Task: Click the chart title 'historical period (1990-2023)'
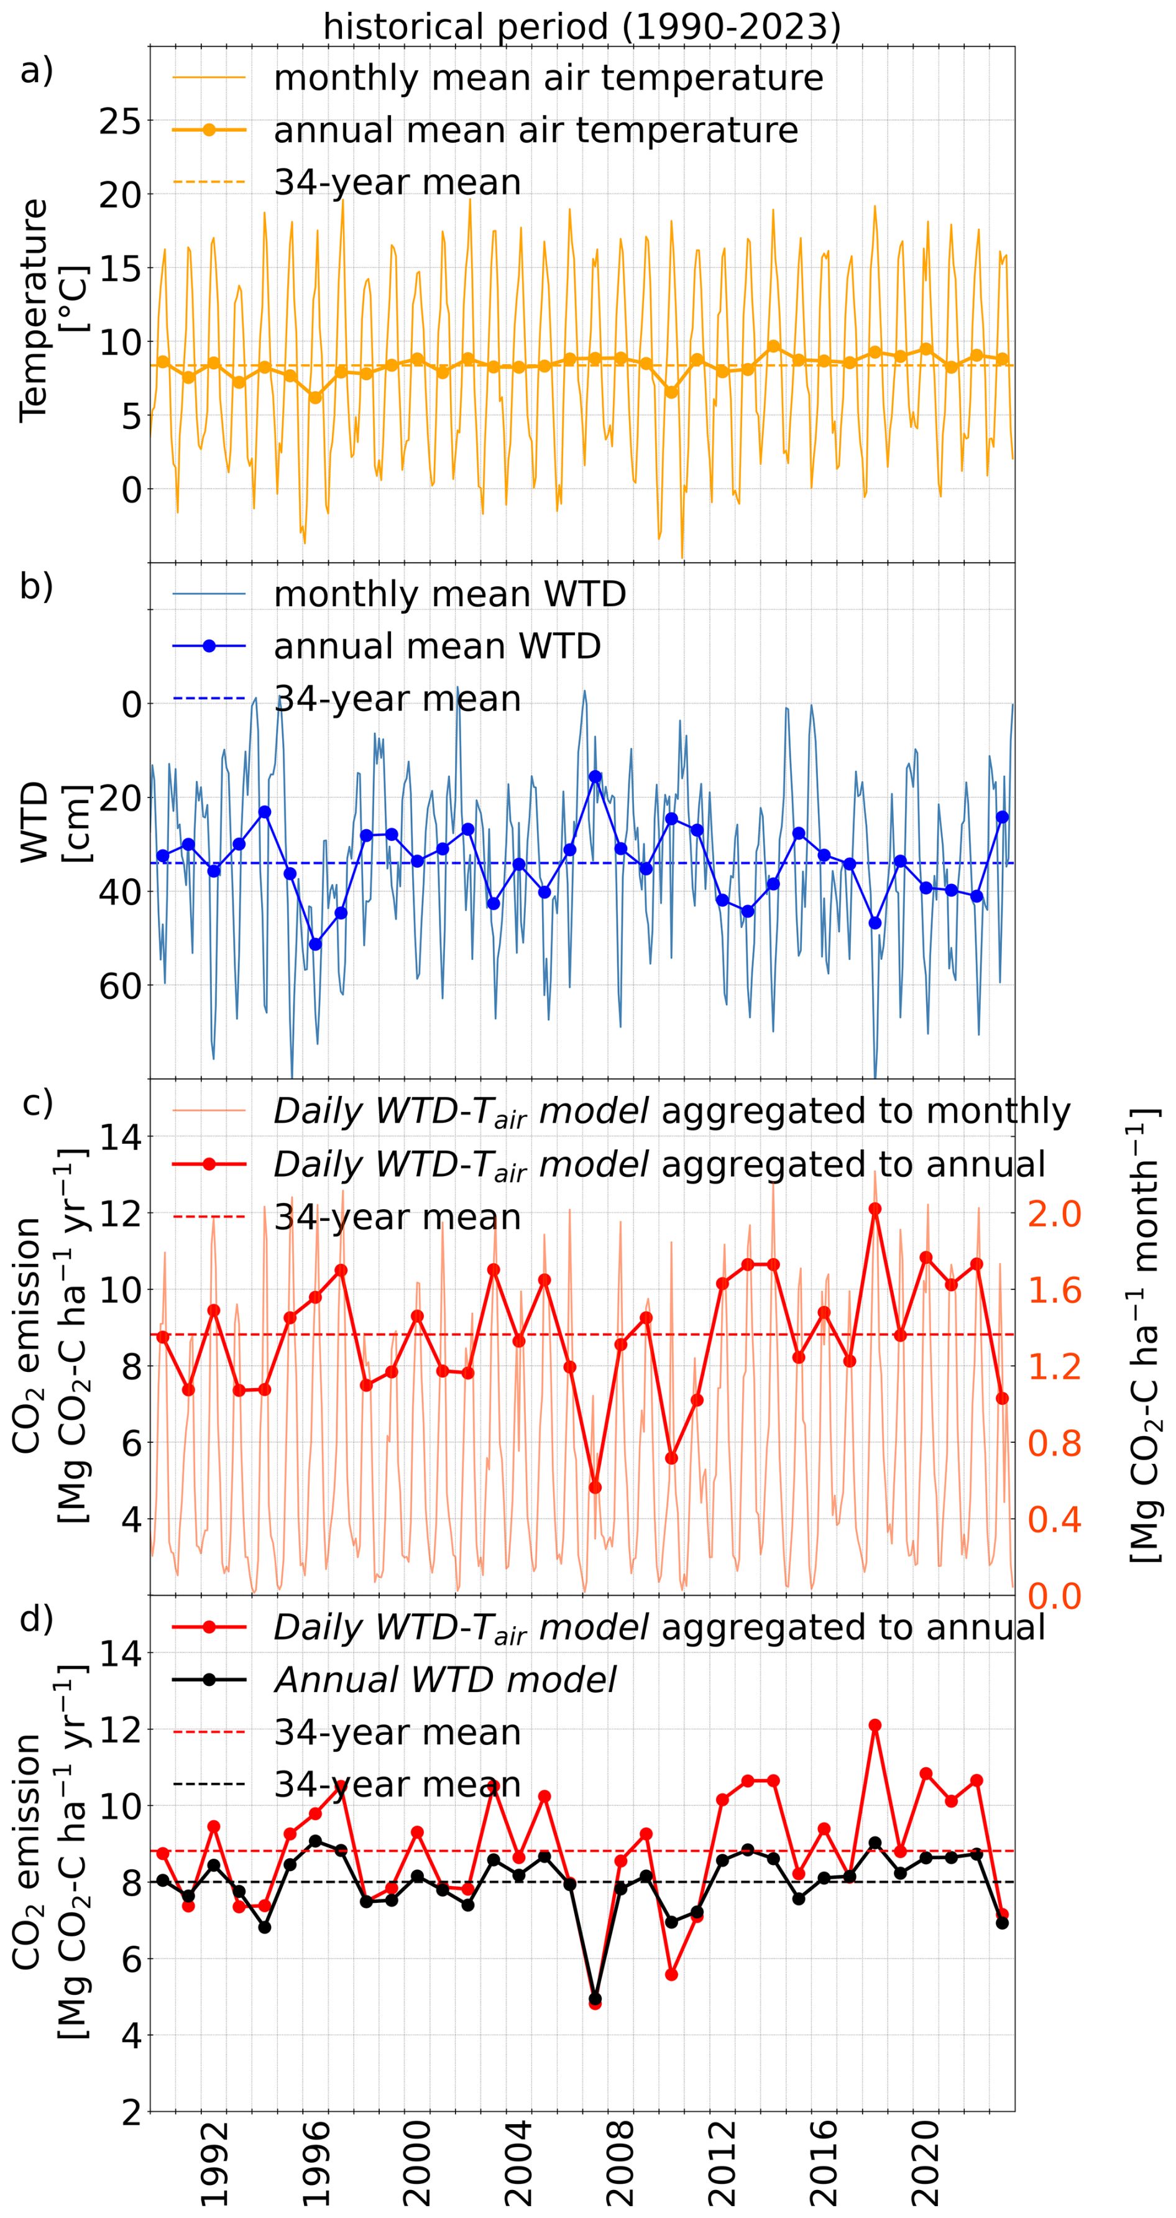pyautogui.click(x=582, y=27)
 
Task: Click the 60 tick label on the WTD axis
pyautogui.click(x=119, y=985)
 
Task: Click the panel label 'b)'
pyautogui.click(x=36, y=586)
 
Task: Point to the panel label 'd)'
pyautogui.click(x=36, y=1619)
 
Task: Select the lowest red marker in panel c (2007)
pyautogui.click(x=595, y=1487)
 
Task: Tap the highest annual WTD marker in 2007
pyautogui.click(x=595, y=776)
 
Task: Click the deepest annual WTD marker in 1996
pyautogui.click(x=315, y=944)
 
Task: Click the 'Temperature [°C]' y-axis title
pyautogui.click(x=52, y=310)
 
